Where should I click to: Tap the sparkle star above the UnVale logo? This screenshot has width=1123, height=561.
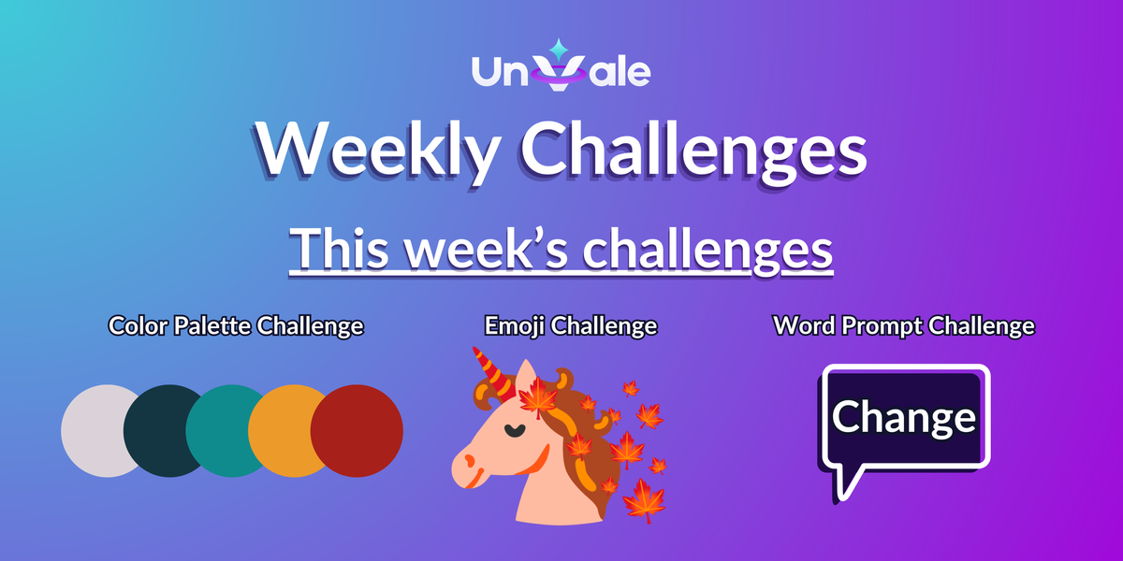(x=560, y=48)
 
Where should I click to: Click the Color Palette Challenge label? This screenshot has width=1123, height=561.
(x=235, y=326)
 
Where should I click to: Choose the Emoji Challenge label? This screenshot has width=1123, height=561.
(x=570, y=326)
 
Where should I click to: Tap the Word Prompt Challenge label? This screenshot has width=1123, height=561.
(x=903, y=326)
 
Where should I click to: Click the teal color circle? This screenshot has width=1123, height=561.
(x=224, y=430)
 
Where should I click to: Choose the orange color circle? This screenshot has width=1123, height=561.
(x=285, y=430)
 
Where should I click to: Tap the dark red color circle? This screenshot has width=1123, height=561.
(x=357, y=430)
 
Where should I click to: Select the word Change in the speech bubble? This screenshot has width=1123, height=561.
(x=903, y=417)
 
